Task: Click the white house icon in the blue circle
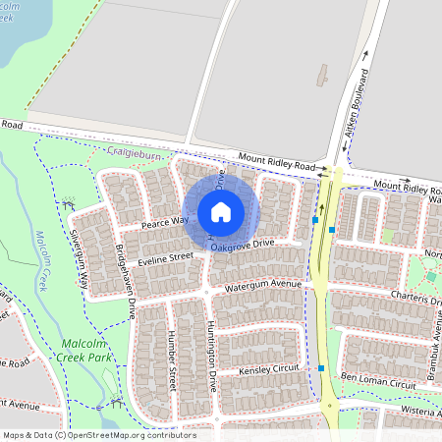click(x=221, y=211)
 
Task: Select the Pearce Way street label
click(x=164, y=222)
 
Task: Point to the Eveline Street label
click(x=166, y=258)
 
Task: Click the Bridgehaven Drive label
click(x=125, y=282)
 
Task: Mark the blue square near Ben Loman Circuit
click(x=321, y=368)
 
